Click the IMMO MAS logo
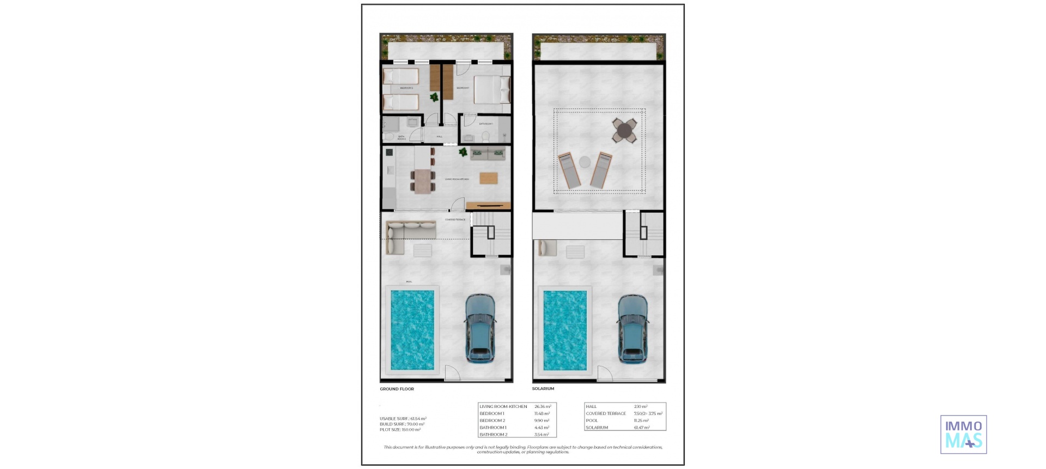coord(963,434)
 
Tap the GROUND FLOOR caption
coord(397,389)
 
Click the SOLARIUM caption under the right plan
coord(543,389)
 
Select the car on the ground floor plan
coord(481,328)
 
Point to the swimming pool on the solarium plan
coord(565,330)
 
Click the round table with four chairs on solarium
coord(624,131)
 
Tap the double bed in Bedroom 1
coord(492,89)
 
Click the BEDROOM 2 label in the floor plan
coord(406,88)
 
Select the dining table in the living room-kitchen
coord(423,181)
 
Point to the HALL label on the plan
coord(439,137)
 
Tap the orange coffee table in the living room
coord(489,178)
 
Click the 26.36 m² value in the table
coord(543,407)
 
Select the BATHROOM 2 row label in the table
coord(494,435)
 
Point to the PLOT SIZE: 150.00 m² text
coord(400,430)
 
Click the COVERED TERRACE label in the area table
coord(606,414)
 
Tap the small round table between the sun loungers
coord(584,162)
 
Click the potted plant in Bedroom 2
coord(434,98)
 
